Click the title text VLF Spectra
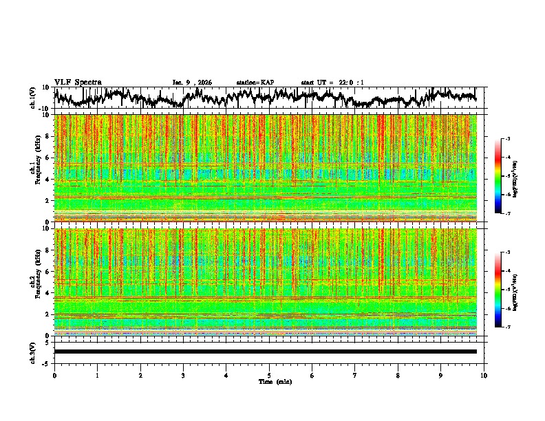(78, 82)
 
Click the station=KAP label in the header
(255, 83)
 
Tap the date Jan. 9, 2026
(192, 83)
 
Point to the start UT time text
(332, 83)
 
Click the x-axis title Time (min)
(275, 381)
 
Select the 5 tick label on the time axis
(269, 375)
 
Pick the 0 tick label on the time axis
(54, 375)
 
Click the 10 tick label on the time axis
(484, 375)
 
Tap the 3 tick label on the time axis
(183, 375)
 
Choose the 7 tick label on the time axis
(355, 375)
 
